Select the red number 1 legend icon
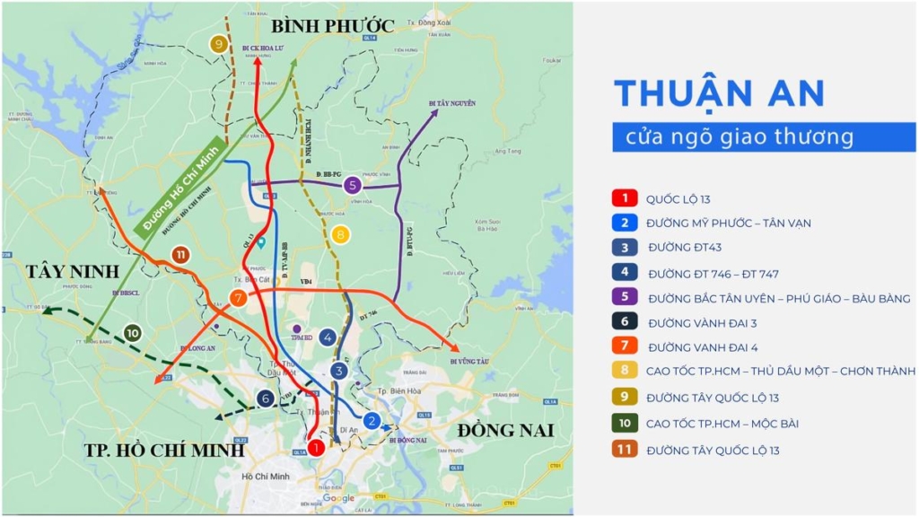pos(623,198)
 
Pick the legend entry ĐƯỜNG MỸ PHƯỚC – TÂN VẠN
pos(728,223)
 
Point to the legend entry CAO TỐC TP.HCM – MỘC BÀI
pos(722,423)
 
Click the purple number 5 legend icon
pos(623,298)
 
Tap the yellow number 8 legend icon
pos(623,372)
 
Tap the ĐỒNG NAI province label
pos(505,430)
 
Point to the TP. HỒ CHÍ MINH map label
pos(164,450)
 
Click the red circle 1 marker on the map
pos(315,447)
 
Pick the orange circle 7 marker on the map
pos(238,299)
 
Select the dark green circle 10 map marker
pos(133,332)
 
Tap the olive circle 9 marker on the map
pos(218,44)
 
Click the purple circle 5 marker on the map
pos(353,185)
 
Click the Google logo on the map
pos(338,498)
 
